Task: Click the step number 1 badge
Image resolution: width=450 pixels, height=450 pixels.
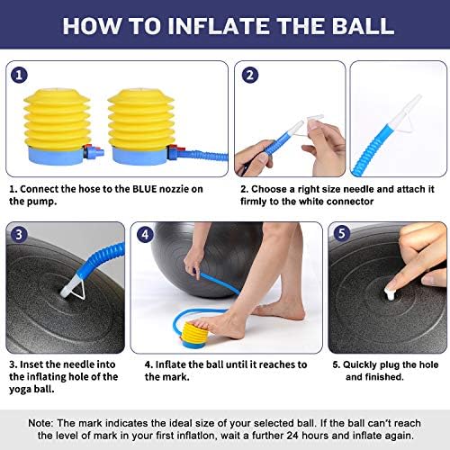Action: [19, 75]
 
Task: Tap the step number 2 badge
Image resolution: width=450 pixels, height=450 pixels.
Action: [249, 75]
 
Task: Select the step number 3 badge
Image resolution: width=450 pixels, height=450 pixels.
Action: [19, 234]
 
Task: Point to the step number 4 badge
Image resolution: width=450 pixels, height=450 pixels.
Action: [145, 234]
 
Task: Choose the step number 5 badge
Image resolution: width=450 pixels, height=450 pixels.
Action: [341, 233]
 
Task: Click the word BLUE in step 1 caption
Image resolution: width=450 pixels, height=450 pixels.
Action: [145, 189]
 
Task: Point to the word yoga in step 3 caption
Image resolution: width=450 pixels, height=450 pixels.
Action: [20, 390]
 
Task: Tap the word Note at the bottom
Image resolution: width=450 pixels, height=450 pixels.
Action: [40, 423]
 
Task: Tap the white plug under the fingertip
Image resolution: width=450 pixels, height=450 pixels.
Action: [391, 293]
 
